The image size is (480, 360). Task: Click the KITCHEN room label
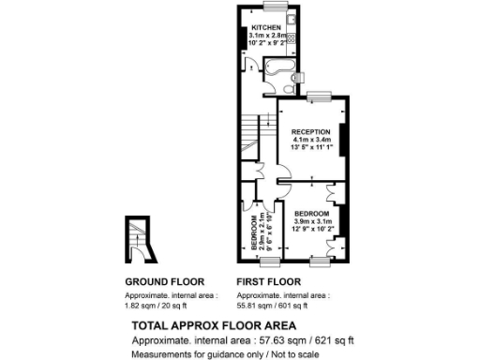pyautogui.click(x=264, y=27)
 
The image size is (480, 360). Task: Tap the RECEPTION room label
pyautogui.click(x=309, y=130)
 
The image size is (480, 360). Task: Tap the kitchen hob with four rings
pyautogui.click(x=290, y=39)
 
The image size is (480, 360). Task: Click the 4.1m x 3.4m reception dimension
pyautogui.click(x=309, y=140)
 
